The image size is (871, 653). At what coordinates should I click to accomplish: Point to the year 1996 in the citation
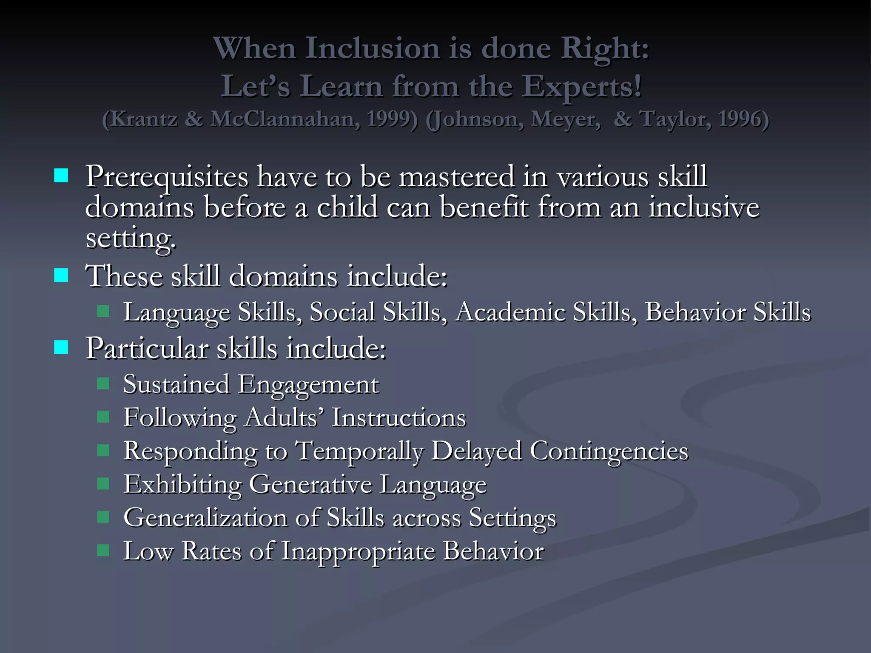click(x=743, y=119)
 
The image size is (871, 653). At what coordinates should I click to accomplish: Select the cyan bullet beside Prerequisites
click(x=61, y=176)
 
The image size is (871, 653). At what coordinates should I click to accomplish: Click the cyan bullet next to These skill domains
click(x=61, y=275)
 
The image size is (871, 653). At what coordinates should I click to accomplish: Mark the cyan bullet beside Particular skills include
click(x=61, y=347)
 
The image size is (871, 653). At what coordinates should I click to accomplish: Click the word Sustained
click(x=176, y=384)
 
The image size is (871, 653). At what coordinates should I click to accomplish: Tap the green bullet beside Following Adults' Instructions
click(x=103, y=417)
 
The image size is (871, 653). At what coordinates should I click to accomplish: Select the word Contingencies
click(x=609, y=451)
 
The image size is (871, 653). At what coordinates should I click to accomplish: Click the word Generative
click(x=310, y=485)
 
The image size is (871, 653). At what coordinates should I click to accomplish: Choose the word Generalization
click(x=205, y=518)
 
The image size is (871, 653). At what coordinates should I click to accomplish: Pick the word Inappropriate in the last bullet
click(x=359, y=551)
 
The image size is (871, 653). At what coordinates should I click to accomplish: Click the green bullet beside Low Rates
click(x=103, y=551)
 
